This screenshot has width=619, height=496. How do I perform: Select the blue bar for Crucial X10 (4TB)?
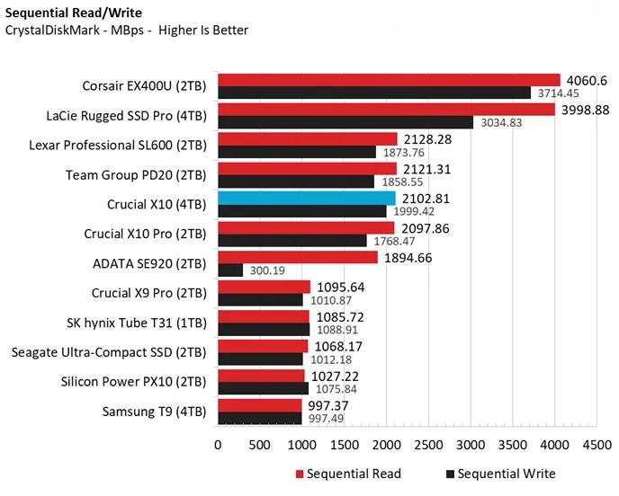click(306, 199)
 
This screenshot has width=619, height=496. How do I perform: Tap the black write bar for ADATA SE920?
click(230, 270)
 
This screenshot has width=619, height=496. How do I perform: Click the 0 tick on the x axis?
click(218, 444)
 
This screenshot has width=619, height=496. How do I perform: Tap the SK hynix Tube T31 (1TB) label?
click(138, 323)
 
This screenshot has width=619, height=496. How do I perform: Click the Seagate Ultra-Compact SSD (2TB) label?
click(111, 352)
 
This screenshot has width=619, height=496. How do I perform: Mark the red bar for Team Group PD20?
click(307, 169)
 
